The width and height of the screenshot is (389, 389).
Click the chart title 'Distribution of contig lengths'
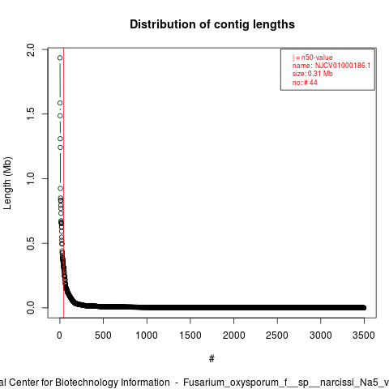212,24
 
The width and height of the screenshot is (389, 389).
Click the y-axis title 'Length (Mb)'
7,183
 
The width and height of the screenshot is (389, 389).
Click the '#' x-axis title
212,359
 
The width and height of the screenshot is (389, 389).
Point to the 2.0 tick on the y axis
31,49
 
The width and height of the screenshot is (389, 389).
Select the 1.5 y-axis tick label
31,114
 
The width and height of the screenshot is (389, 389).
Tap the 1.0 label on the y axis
31,178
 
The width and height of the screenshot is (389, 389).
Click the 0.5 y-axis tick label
31,243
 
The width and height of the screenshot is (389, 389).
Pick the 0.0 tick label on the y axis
31,308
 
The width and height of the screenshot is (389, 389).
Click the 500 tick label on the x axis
103,336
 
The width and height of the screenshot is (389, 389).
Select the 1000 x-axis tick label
147,336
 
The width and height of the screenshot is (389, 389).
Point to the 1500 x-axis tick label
190,336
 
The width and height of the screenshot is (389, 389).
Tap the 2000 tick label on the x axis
233,336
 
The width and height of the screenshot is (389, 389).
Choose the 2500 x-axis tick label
277,336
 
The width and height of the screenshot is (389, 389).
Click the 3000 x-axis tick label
321,336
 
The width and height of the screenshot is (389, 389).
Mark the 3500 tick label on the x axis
364,336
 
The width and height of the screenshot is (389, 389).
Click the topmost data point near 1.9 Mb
60,58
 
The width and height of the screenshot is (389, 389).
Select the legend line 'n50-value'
312,58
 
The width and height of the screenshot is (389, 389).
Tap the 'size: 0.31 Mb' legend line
312,74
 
